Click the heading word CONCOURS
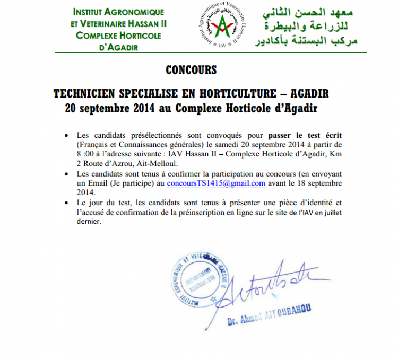(191, 70)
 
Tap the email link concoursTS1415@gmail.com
(216, 183)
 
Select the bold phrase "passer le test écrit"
(298, 135)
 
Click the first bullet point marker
(66, 136)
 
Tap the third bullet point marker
(66, 203)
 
